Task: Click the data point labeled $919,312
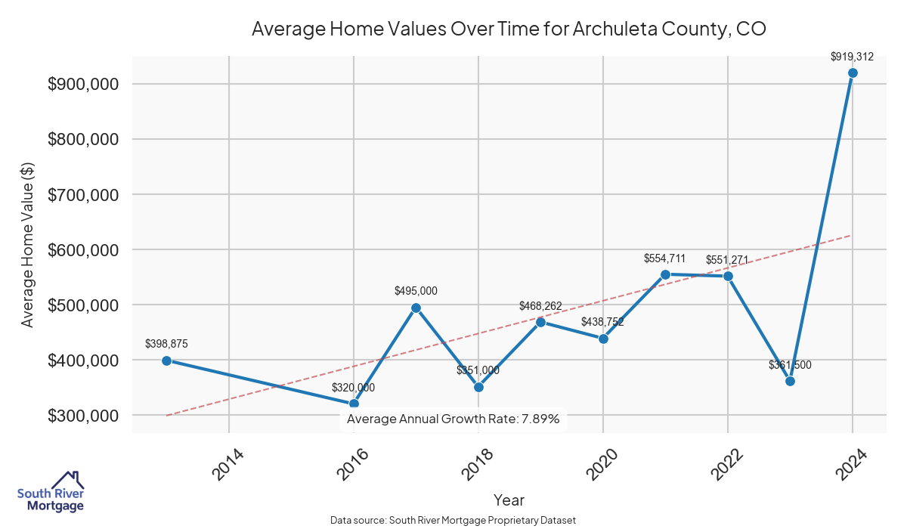pos(853,73)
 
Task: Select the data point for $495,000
pos(416,308)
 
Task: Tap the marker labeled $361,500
pos(790,381)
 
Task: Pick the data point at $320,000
pos(354,404)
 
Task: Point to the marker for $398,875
pos(166,360)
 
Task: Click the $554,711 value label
pos(664,258)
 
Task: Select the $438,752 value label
pos(602,322)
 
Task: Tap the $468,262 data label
pos(540,306)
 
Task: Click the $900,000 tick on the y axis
pos(82,84)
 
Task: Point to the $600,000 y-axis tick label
pos(82,250)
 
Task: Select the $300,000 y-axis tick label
pos(82,416)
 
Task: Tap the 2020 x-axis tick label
pos(602,463)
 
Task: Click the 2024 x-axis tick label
pos(852,463)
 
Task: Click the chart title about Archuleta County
pos(509,29)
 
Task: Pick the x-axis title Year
pos(509,500)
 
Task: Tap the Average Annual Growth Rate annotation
pos(453,419)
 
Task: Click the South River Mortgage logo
pos(51,492)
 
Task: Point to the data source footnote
pos(453,521)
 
